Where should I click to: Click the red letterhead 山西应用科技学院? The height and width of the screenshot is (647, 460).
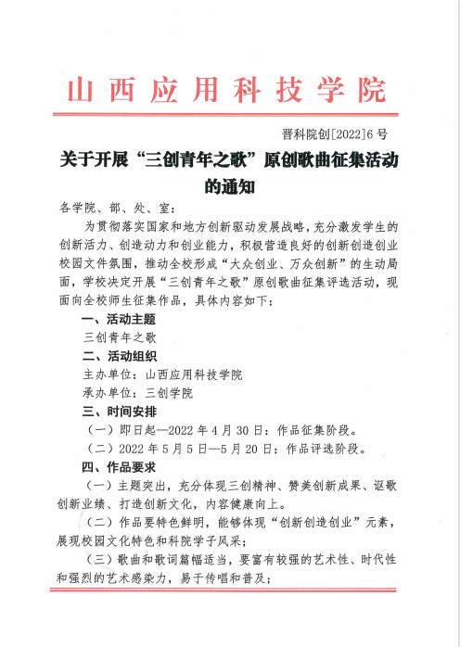[227, 92]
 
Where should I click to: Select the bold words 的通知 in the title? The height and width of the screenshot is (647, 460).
[228, 185]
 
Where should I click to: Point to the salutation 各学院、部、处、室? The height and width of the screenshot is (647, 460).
[115, 209]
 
